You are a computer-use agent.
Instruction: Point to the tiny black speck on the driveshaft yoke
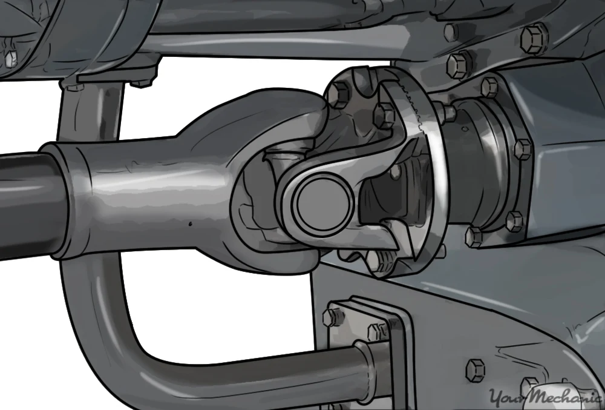pyautogui.click(x=189, y=223)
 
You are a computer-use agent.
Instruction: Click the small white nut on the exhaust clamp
pyautogui.click(x=10, y=56)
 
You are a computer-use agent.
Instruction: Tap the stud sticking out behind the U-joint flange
pyautogui.click(x=448, y=113)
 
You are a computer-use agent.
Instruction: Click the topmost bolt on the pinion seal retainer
pyautogui.click(x=489, y=88)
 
